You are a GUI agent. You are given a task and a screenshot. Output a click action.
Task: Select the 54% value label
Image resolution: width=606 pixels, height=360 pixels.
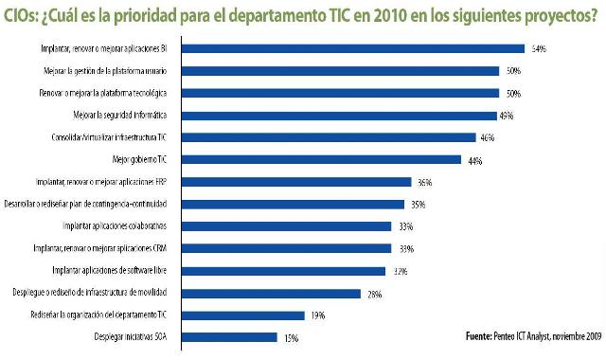tap(540, 48)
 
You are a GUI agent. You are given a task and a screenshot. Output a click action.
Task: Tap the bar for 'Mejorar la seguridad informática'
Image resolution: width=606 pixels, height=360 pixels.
tap(338, 116)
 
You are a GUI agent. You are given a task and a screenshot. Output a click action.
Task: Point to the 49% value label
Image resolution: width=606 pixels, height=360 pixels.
tap(506, 117)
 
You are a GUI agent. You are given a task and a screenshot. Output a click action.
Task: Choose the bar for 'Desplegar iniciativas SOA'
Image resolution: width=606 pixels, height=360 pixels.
tap(228, 337)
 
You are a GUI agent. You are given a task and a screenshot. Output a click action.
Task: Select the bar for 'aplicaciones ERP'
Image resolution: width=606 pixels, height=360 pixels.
tap(295, 182)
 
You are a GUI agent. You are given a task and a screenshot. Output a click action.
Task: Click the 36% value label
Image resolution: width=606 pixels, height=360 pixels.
tap(425, 183)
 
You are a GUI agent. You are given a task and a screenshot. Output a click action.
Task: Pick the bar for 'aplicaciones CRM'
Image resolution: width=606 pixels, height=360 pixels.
tap(285, 248)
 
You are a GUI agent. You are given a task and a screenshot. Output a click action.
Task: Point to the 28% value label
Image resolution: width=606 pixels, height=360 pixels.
tap(374, 294)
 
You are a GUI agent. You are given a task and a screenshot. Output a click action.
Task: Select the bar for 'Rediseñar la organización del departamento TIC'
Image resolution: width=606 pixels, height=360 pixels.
tap(241, 315)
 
